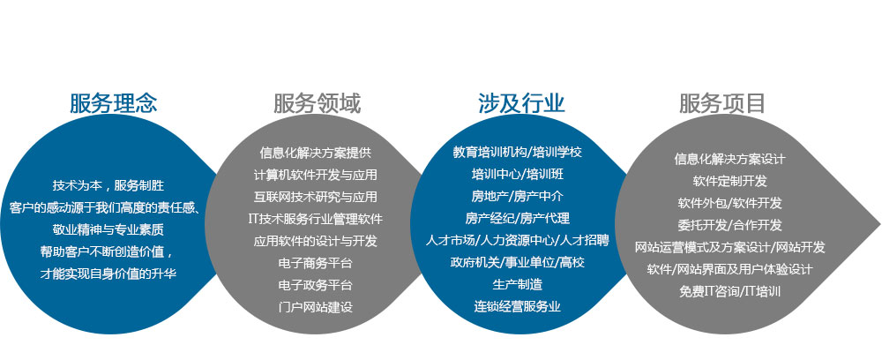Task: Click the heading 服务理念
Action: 114,103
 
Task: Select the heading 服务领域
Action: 318,103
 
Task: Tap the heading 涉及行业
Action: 521,103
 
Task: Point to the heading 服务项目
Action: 723,103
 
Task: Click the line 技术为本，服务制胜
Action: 108,185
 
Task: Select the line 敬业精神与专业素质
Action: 108,230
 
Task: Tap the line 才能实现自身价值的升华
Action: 108,274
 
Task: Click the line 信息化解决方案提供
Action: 316,153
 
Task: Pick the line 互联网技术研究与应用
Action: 316,197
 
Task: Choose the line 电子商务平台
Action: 316,263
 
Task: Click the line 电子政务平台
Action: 316,285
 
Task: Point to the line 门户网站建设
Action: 316,307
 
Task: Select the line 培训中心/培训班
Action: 518,175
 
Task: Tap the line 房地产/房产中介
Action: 518,196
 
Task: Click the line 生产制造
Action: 518,285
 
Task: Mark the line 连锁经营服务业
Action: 518,306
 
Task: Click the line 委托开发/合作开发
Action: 730,225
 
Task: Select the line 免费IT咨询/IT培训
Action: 730,291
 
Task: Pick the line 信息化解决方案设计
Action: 730,159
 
